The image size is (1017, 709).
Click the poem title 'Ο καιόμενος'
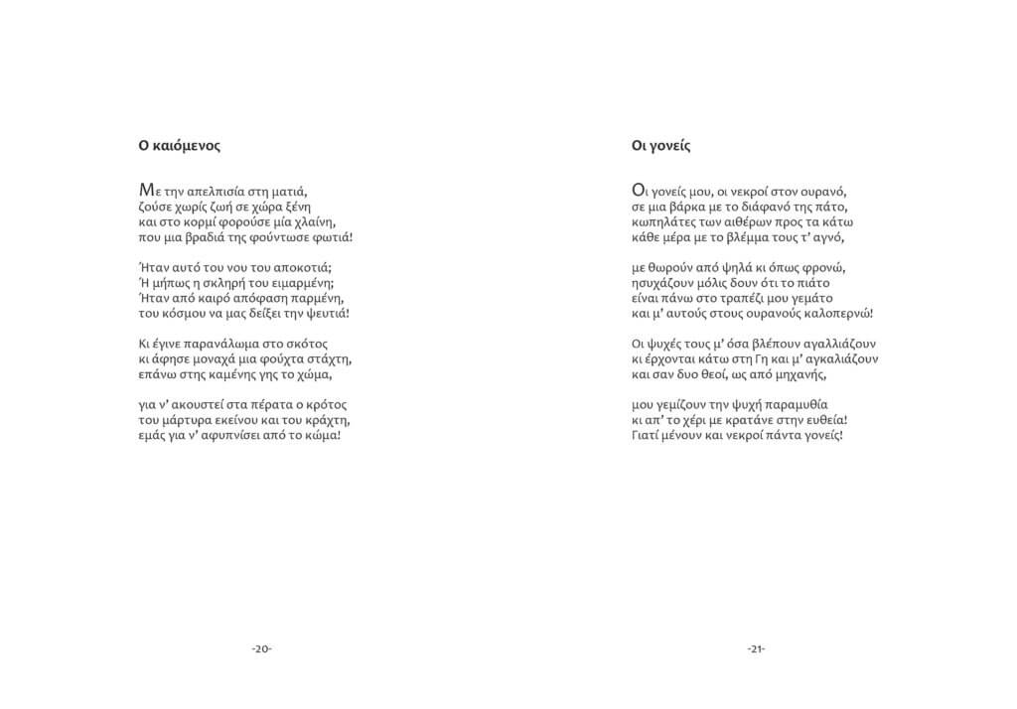tap(179, 145)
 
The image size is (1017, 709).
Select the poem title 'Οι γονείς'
tap(660, 145)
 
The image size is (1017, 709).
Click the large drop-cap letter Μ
tap(146, 189)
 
